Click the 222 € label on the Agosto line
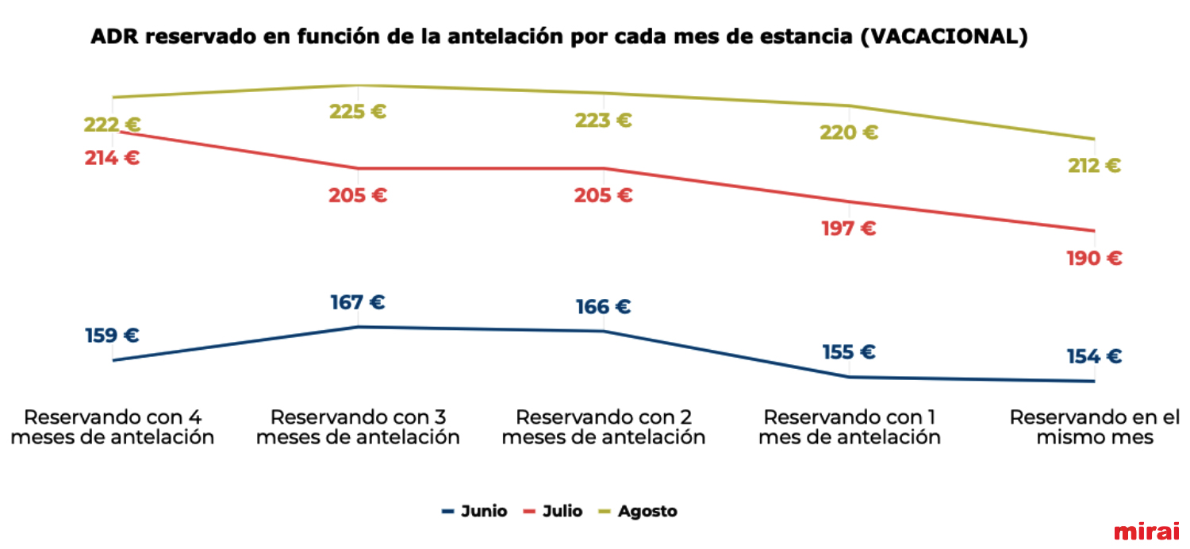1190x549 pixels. [112, 125]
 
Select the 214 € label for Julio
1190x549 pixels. [112, 158]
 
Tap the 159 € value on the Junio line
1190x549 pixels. [112, 336]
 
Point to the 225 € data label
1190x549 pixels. [358, 112]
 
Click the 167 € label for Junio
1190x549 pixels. [358, 302]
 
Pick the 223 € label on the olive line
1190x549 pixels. [604, 121]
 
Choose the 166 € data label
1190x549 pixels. [604, 307]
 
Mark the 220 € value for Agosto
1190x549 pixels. [849, 132]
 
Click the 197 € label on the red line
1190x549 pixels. [849, 229]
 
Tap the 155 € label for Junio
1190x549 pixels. [849, 352]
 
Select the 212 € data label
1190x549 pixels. [1094, 166]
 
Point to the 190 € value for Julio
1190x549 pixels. [1094, 259]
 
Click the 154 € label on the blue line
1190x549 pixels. [1094, 357]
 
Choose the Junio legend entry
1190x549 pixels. [474, 512]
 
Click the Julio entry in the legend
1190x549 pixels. [554, 512]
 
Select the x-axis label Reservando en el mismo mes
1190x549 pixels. [1094, 427]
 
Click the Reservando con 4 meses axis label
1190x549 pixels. [112, 427]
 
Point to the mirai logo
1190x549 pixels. [1146, 531]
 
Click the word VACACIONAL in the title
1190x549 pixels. [939, 37]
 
